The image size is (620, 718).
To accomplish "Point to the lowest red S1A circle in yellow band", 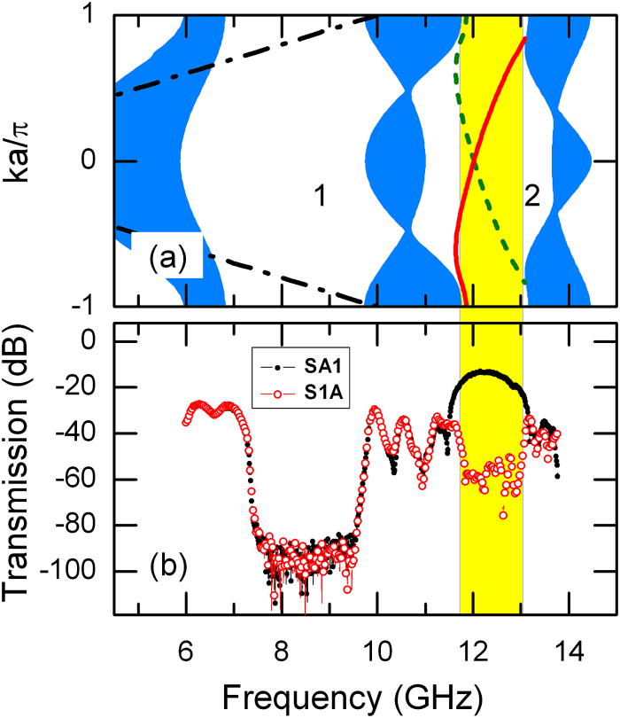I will click(x=503, y=514).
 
